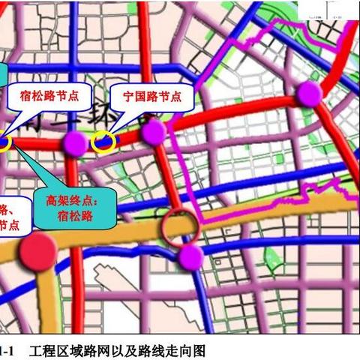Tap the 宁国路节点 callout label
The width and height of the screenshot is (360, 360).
[x=151, y=96]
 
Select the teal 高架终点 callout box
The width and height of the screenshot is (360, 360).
[x=77, y=208]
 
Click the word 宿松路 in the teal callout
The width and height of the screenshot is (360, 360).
[x=77, y=217]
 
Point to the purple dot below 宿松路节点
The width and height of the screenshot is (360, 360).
[x=75, y=142]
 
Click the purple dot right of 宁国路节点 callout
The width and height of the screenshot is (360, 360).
[x=153, y=133]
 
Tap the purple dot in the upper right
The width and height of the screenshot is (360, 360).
[x=307, y=94]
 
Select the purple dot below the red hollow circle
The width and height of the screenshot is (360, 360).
[x=191, y=257]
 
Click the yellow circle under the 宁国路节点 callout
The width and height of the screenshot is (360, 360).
[x=103, y=141]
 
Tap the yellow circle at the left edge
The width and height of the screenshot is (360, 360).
[x=3, y=142]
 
